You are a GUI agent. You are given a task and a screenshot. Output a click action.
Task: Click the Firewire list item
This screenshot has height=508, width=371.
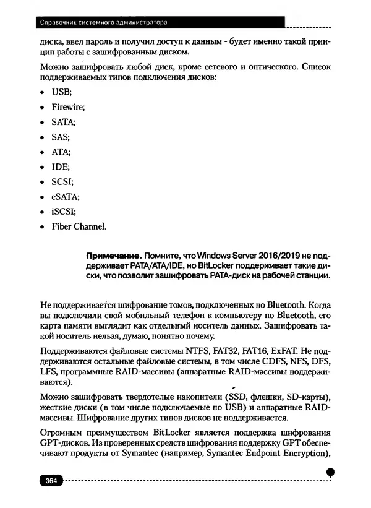(68, 107)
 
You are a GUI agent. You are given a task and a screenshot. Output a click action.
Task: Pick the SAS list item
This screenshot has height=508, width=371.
(61, 137)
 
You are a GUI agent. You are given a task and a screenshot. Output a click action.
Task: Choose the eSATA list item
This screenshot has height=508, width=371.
(65, 197)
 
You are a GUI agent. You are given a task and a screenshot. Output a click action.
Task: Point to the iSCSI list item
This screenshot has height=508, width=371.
(64, 212)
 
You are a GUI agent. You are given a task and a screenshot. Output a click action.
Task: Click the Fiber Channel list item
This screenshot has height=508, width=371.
(79, 226)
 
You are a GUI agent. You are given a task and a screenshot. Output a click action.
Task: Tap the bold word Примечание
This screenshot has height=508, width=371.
(115, 255)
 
